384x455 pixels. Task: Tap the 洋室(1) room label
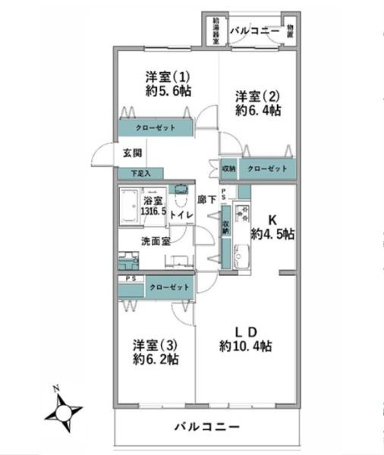(x=168, y=77)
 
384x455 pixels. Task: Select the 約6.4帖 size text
(x=258, y=111)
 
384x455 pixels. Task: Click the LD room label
(x=246, y=331)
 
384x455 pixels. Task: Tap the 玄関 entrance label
(x=132, y=152)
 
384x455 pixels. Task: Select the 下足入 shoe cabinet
(x=140, y=174)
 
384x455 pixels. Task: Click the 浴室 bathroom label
(x=153, y=200)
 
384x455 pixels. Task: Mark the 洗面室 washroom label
(x=155, y=241)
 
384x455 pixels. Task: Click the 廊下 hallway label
(x=206, y=200)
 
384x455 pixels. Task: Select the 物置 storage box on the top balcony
(x=292, y=31)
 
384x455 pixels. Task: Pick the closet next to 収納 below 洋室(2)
(x=266, y=168)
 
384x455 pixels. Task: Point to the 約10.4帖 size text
(x=246, y=347)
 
